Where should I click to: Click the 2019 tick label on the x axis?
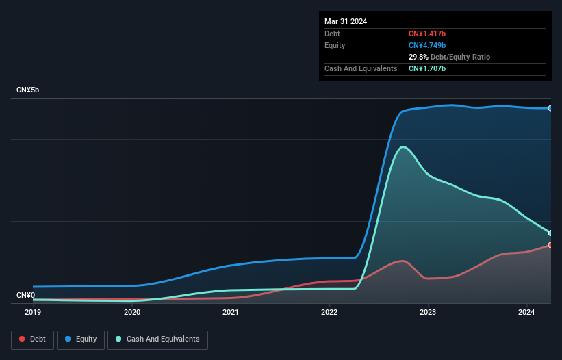click(x=33, y=312)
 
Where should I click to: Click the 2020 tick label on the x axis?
click(x=132, y=312)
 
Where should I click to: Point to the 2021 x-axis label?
click(x=231, y=312)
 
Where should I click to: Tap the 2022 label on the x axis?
click(x=329, y=312)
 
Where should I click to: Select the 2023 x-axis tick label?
click(x=428, y=312)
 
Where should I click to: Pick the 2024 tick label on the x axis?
click(x=527, y=312)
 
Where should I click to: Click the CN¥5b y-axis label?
click(x=28, y=90)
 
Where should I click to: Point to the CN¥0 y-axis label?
click(x=26, y=296)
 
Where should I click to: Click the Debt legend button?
click(x=33, y=339)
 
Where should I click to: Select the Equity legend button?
click(x=81, y=339)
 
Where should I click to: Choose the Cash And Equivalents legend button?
click(x=157, y=339)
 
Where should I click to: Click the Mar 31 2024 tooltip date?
click(x=346, y=21)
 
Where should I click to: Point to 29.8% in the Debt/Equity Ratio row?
click(x=419, y=57)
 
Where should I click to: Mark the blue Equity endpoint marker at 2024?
click(x=550, y=108)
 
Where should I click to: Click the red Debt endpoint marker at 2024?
click(x=550, y=245)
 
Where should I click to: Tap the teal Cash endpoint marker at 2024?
click(x=550, y=233)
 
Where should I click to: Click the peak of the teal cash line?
click(x=403, y=146)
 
